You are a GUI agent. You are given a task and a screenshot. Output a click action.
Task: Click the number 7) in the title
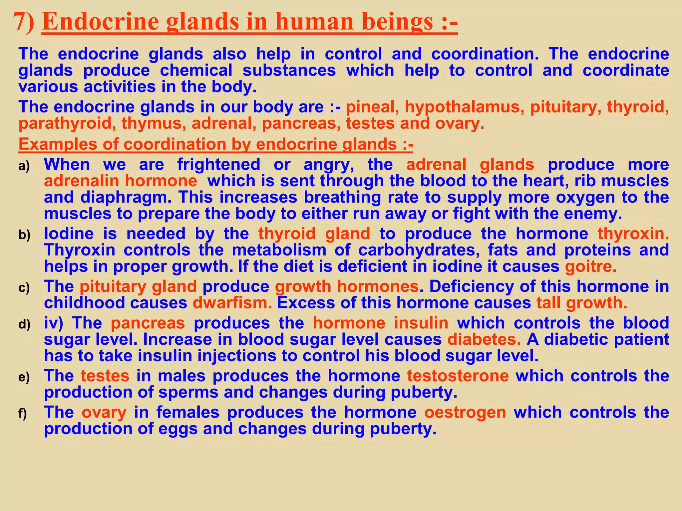coord(24,22)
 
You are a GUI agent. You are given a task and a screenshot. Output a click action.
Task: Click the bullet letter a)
coord(24,166)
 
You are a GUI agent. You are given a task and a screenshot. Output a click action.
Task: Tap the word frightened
coord(218,164)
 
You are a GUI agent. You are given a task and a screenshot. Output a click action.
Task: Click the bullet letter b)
coord(24,235)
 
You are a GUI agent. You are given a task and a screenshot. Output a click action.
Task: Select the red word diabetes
coord(484,339)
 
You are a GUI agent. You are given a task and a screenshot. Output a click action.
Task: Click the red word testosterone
coord(458,376)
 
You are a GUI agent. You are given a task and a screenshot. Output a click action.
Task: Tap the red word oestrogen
coord(465,412)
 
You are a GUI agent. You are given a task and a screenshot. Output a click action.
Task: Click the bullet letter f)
coord(23,414)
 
